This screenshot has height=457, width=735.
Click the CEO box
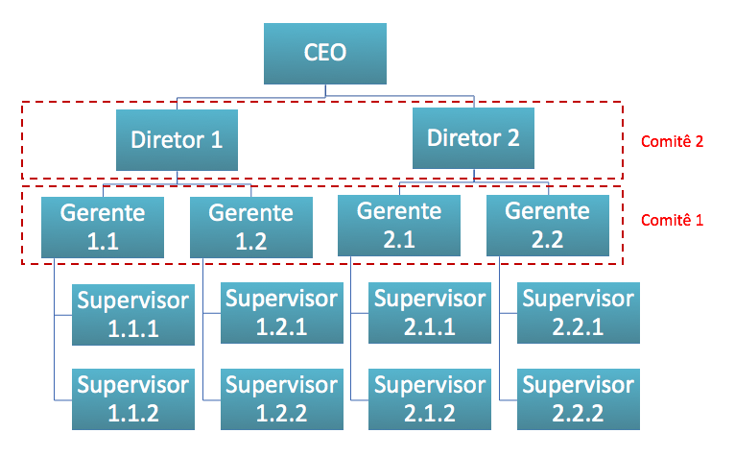325,54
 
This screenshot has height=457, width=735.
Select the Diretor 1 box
177,140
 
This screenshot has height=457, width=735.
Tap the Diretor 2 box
473,138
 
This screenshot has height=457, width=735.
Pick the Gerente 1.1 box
103,228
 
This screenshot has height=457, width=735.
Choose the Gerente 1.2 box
251,228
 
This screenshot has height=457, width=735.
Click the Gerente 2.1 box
399,226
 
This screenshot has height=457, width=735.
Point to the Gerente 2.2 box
548,226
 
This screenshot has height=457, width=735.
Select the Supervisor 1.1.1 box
133,315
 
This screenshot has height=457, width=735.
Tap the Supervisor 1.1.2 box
133,399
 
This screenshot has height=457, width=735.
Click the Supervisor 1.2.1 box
282,313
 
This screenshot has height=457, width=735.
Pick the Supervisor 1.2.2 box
282,399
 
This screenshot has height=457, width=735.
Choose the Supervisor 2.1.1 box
430,313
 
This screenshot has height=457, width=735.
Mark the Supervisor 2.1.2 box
430,399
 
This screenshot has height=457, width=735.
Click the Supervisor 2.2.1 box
579,313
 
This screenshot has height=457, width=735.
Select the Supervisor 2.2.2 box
579,399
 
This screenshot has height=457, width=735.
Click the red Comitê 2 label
673,141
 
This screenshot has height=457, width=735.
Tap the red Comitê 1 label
673,220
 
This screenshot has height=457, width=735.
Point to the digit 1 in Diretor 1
216,140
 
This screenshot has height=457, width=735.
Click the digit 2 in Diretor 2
512,138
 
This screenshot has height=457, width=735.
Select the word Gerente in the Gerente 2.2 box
548,211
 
